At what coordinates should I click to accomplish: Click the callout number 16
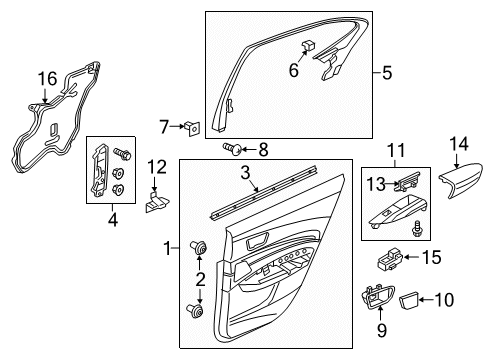point(47,79)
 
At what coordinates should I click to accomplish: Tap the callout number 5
point(387,73)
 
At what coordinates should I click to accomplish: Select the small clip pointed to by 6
point(309,44)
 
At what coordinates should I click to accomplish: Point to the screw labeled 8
point(232,148)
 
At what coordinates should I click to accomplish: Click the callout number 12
point(157,167)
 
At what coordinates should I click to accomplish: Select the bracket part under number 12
point(157,202)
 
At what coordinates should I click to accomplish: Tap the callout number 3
point(245,173)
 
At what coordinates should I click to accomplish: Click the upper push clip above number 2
point(199,248)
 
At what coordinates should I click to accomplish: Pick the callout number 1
point(168,248)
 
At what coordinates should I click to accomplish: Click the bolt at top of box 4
point(122,154)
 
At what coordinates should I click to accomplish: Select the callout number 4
point(113,219)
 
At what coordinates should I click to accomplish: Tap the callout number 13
point(376,184)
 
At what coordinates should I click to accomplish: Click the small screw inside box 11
point(417,229)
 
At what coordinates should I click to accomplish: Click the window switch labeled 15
point(390,259)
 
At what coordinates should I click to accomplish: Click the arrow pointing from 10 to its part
point(427,300)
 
